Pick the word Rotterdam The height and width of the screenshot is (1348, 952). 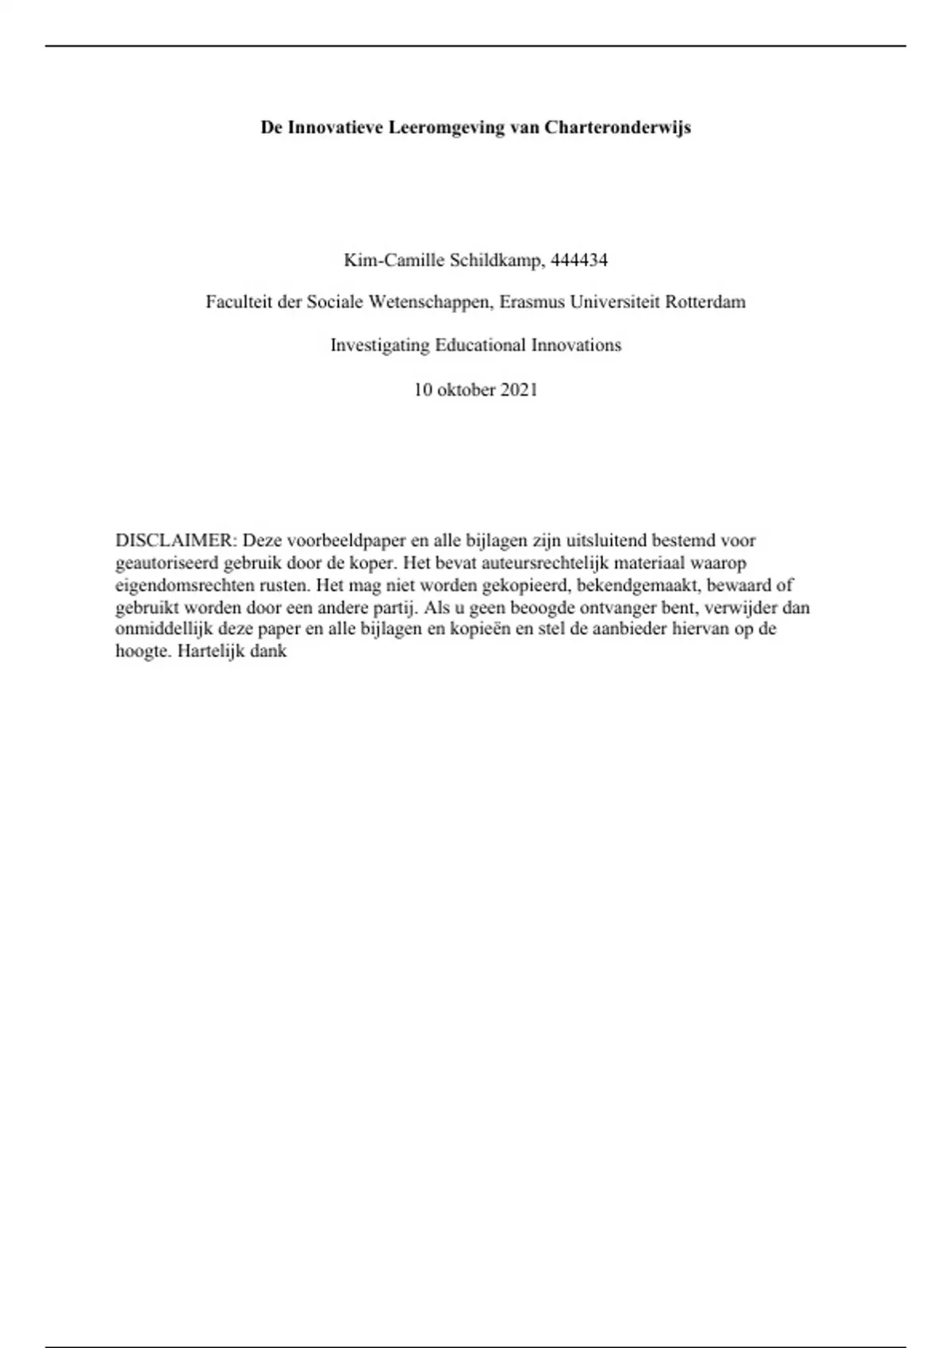[x=705, y=302]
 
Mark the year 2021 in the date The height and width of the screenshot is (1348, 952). [x=519, y=390]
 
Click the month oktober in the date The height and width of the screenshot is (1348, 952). [x=464, y=390]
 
